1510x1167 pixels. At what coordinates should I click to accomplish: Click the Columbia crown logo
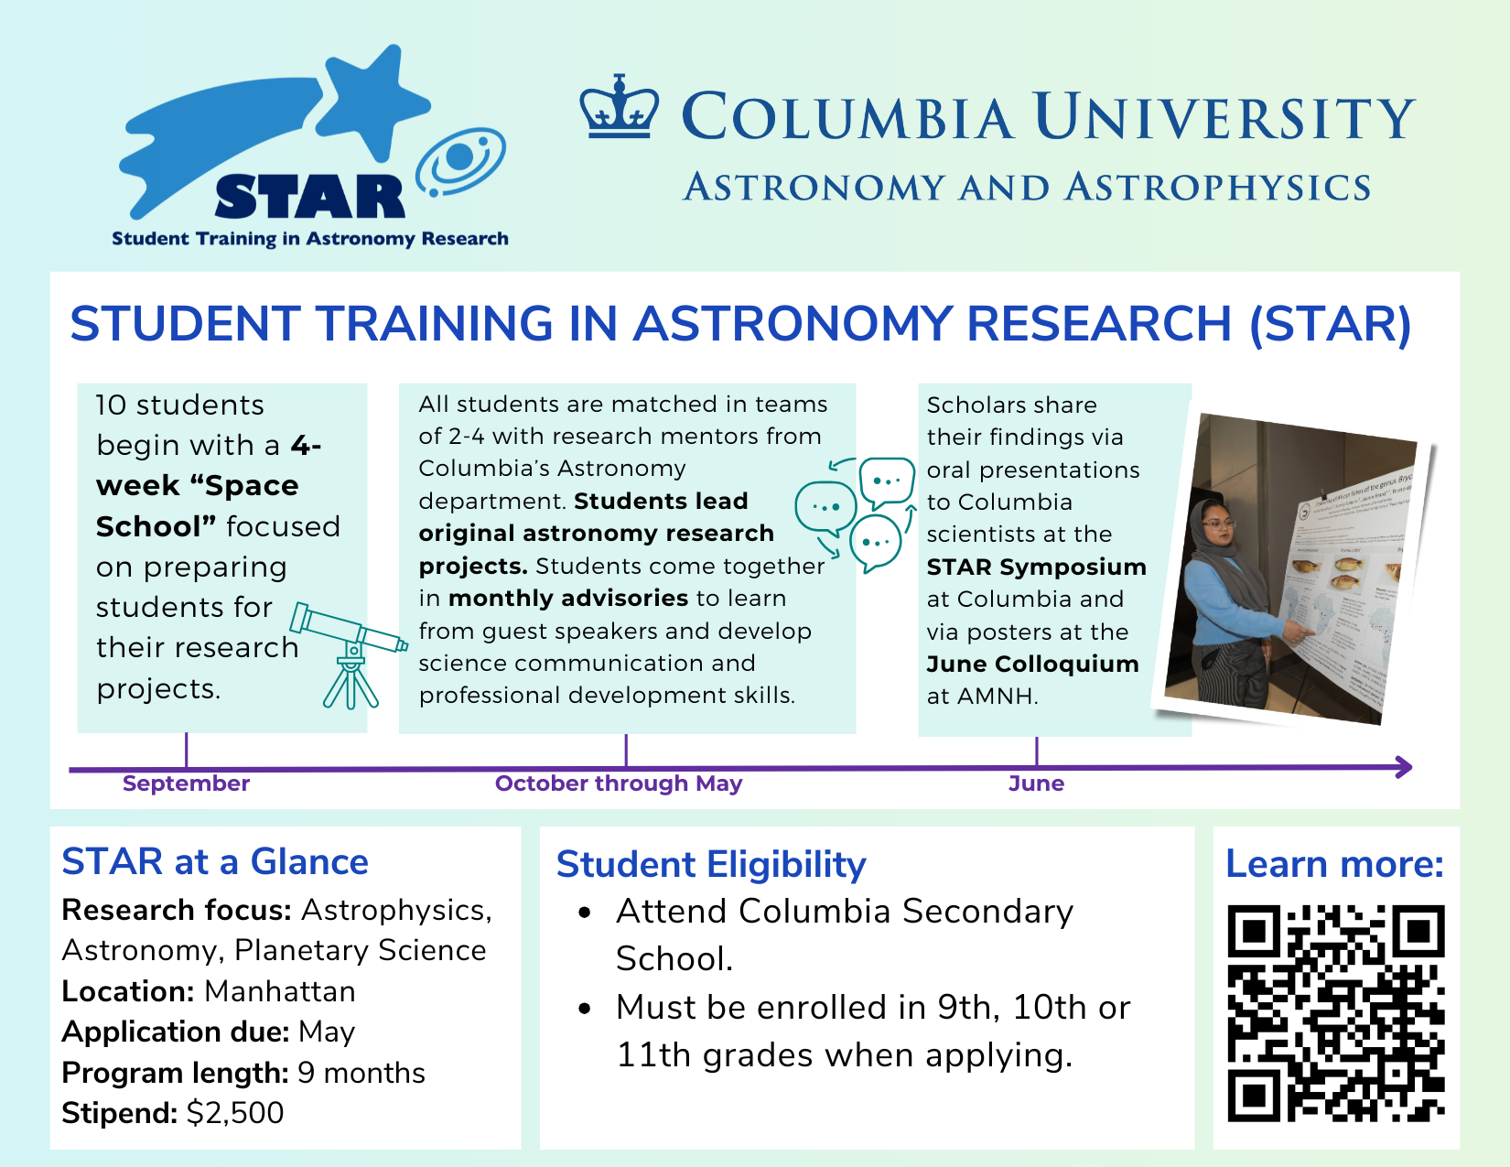point(620,108)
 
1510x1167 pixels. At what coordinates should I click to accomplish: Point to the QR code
point(1335,1013)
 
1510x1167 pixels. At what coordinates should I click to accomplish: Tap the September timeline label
point(186,783)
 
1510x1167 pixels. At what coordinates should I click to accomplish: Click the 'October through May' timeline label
point(619,783)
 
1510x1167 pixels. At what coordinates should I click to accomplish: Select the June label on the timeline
point(1036,783)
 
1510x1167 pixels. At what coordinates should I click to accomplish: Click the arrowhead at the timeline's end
point(1403,767)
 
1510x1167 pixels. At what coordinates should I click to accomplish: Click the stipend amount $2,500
point(235,1113)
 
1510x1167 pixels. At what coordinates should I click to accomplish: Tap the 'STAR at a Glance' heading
point(215,862)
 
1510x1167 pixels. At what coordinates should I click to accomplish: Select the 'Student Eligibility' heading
point(711,865)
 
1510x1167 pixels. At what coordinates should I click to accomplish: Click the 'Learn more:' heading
point(1334,864)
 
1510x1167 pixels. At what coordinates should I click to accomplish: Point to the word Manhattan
point(280,991)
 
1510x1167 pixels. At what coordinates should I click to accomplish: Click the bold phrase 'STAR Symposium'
point(1036,567)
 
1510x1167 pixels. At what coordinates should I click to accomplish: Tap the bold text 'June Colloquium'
point(1032,665)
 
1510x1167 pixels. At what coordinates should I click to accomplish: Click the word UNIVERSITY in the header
point(1224,118)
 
